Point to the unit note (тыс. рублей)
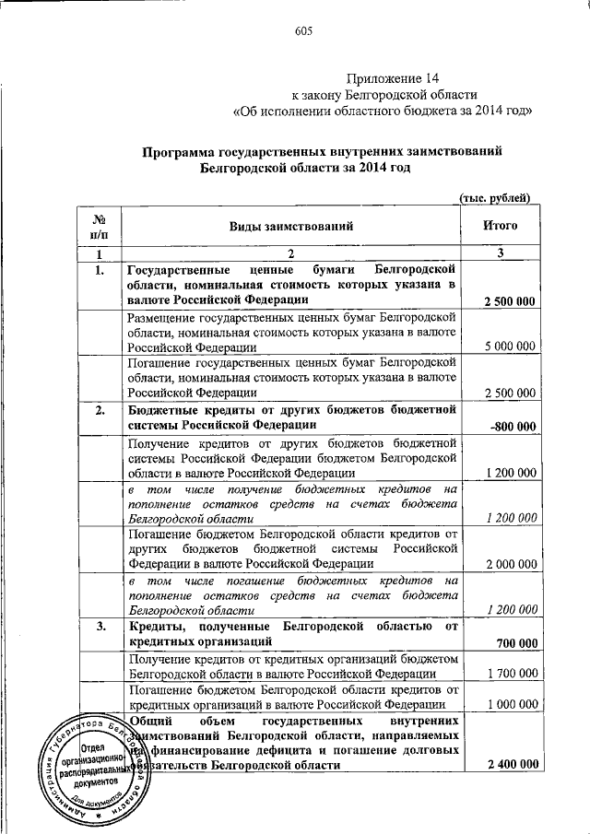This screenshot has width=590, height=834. coord(495,196)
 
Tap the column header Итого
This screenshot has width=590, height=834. coord(500,225)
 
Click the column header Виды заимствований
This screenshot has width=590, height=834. coord(290,225)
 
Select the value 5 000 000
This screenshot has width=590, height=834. coord(510,347)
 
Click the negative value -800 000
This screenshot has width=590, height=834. coord(513,425)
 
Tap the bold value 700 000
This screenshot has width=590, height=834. coord(517,641)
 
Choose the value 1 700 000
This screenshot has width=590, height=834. coord(510,674)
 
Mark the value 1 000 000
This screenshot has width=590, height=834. coord(510,704)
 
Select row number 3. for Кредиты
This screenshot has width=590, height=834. coord(99,627)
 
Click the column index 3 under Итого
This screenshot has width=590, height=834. coord(499,253)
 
